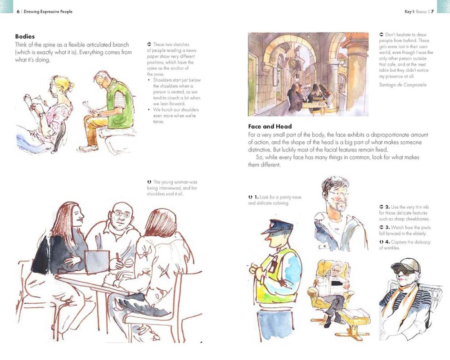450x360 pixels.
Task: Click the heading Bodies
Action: pos(25,36)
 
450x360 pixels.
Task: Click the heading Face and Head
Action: pos(270,126)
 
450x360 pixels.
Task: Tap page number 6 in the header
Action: pos(18,11)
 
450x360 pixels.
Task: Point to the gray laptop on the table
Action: pos(97,261)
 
